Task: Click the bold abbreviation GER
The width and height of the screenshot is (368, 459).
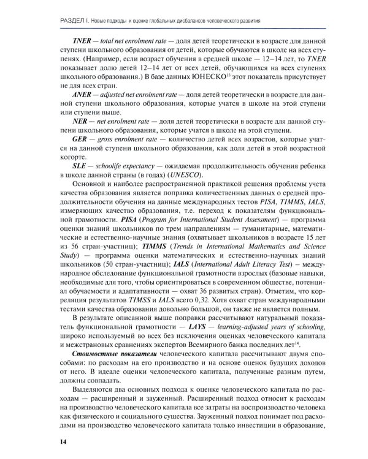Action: [x=83, y=139]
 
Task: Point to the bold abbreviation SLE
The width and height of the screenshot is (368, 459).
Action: [x=82, y=165]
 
